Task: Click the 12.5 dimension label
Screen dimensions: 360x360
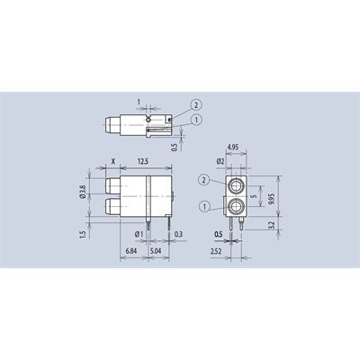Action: click(x=143, y=161)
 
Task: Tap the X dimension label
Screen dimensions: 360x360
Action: click(x=113, y=161)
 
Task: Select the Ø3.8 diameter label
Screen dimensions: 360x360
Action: click(x=84, y=192)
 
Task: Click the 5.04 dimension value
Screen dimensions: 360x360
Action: click(x=156, y=251)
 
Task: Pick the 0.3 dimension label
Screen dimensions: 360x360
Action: click(x=178, y=234)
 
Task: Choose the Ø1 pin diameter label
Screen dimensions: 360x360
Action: click(x=139, y=234)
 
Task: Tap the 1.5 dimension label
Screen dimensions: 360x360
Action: click(x=84, y=234)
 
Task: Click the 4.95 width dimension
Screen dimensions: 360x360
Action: click(x=233, y=148)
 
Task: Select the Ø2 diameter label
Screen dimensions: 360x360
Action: click(x=220, y=161)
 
